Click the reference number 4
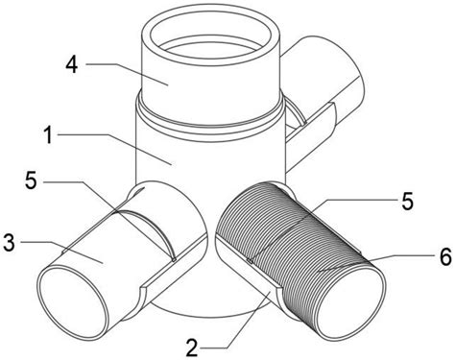[72, 65]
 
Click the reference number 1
[48, 134]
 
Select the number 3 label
[10, 243]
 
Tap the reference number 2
[192, 348]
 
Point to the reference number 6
[445, 256]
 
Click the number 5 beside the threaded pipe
[407, 202]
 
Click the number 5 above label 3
[31, 181]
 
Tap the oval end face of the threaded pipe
[351, 301]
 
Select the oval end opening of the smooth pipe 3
[74, 301]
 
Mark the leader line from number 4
[127, 74]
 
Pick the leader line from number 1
[115, 150]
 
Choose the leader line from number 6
[376, 263]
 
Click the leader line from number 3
[61, 252]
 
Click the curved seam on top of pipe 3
[147, 229]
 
